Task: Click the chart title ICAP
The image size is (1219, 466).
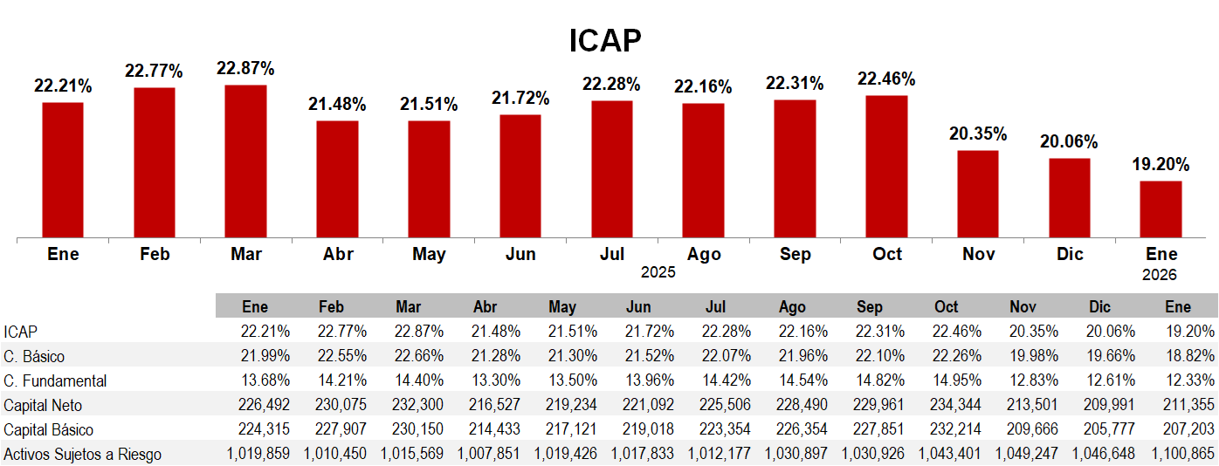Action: (x=605, y=40)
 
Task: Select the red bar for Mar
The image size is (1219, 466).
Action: (x=245, y=161)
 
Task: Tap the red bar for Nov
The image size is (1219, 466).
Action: (x=977, y=194)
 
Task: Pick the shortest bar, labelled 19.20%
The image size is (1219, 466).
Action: (x=1160, y=209)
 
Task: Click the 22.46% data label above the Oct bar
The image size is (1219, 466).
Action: (x=886, y=79)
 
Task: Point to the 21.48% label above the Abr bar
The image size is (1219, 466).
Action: (x=337, y=105)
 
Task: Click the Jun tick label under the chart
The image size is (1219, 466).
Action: (x=520, y=255)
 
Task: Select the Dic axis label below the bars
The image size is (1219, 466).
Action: (x=1070, y=255)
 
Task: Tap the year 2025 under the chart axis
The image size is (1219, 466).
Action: (x=658, y=272)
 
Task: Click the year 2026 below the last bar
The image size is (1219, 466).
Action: (x=1160, y=275)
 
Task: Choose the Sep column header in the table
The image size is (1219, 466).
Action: (x=870, y=307)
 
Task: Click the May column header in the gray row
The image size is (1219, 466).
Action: (x=562, y=307)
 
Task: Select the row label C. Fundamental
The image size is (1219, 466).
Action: (x=56, y=380)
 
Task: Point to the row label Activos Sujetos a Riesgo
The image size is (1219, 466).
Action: (x=82, y=454)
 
